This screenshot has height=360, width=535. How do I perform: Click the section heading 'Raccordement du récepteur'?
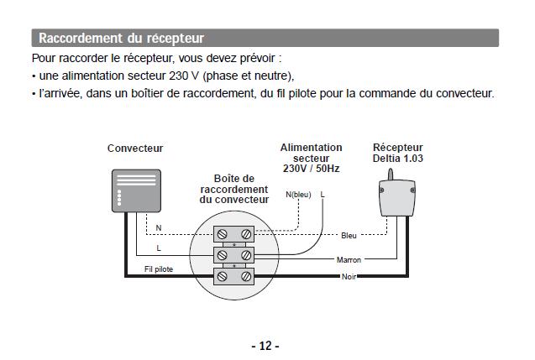tap(122, 39)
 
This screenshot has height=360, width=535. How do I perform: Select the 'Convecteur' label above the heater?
tap(135, 149)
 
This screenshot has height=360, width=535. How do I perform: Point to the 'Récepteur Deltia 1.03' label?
tap(397, 153)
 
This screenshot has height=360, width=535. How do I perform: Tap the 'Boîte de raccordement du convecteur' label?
tap(234, 189)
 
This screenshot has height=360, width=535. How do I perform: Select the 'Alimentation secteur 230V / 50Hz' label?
tap(311, 158)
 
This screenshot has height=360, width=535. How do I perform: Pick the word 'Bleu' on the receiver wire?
tap(349, 235)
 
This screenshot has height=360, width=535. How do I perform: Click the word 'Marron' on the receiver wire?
tap(349, 260)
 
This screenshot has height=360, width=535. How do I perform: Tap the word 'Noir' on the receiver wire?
tap(349, 276)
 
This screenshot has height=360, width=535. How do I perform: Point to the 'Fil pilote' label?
tap(159, 269)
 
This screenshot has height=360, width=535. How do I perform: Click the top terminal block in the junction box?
tap(234, 233)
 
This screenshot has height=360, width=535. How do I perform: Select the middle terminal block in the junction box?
tap(234, 253)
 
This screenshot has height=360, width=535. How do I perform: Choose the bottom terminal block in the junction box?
tap(234, 274)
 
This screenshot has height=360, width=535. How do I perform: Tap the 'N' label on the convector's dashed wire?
tap(159, 228)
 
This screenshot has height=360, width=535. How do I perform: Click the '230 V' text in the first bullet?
tap(184, 76)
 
